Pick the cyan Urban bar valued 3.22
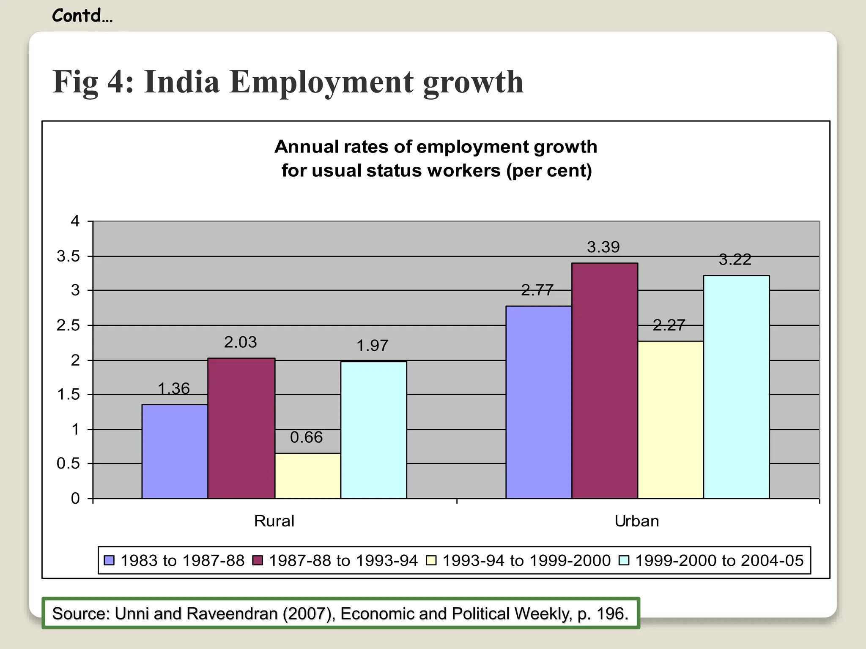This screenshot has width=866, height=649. pyautogui.click(x=736, y=387)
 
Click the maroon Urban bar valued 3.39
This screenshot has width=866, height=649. pyautogui.click(x=604, y=380)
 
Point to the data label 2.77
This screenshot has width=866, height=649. pyautogui.click(x=537, y=290)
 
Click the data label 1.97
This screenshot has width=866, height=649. pyautogui.click(x=372, y=346)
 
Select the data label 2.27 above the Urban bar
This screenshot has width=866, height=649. pyautogui.click(x=669, y=325)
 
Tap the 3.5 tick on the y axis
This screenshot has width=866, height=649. pyautogui.click(x=69, y=256)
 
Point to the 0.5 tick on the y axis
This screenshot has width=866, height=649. pyautogui.click(x=69, y=464)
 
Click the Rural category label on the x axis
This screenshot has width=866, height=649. pyautogui.click(x=274, y=521)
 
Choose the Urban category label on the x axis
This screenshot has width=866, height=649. pyautogui.click(x=637, y=521)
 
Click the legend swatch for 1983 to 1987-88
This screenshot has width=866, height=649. pyautogui.click(x=109, y=560)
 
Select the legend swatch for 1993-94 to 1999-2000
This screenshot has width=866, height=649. pyautogui.click(x=431, y=560)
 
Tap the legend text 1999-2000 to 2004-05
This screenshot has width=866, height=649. pyautogui.click(x=719, y=560)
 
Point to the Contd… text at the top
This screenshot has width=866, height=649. pyautogui.click(x=82, y=16)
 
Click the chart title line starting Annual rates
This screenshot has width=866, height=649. pyautogui.click(x=436, y=147)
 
